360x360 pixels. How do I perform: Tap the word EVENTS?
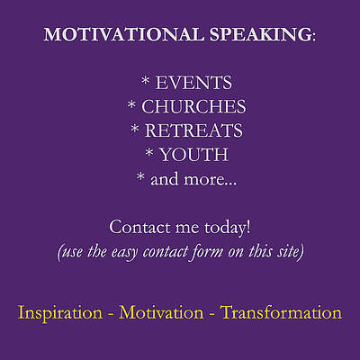point(193,83)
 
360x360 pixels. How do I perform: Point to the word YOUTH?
point(193,156)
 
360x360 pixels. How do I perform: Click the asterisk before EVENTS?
point(146,83)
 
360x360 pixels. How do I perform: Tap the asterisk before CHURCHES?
point(131,107)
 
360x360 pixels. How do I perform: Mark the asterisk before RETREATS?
point(136,131)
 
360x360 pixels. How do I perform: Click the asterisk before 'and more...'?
point(140,180)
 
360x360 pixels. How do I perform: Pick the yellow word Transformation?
point(281,313)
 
